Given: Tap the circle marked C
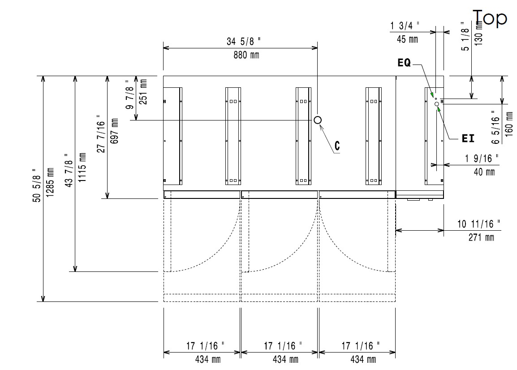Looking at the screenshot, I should pyautogui.click(x=318, y=120).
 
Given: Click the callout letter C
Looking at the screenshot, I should pyautogui.click(x=337, y=146).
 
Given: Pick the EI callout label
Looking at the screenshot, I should pyautogui.click(x=468, y=139).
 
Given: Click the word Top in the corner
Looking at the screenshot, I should pyautogui.click(x=490, y=18).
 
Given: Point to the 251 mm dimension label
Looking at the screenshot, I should pyautogui.click(x=143, y=91).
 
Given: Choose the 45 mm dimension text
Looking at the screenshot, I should pyautogui.click(x=407, y=39).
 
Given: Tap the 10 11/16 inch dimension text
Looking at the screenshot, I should pyautogui.click(x=479, y=224).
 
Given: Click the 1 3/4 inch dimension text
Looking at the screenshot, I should pyautogui.click(x=405, y=26).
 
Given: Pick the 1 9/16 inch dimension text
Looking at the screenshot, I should pyautogui.click(x=481, y=158).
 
